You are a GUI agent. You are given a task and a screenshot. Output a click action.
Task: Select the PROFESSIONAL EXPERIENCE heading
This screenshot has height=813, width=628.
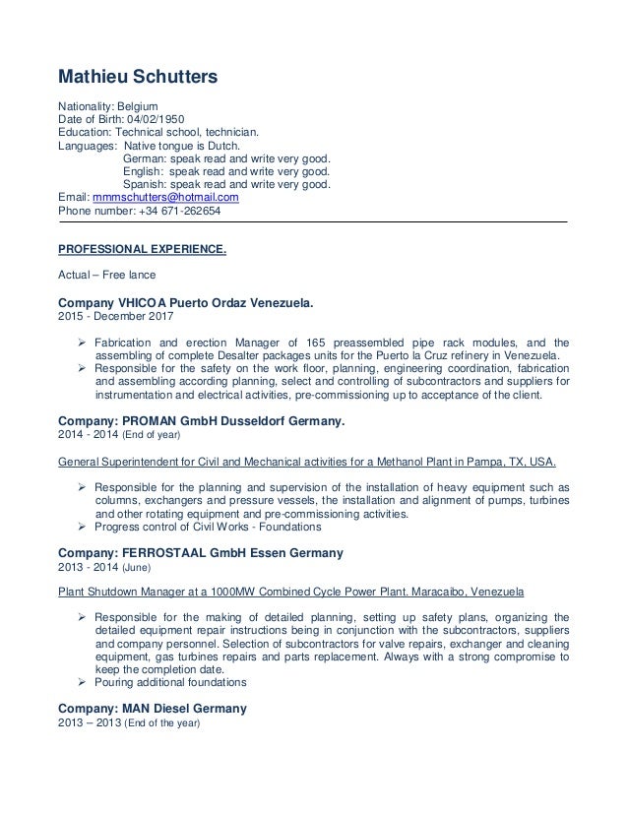pyautogui.click(x=142, y=249)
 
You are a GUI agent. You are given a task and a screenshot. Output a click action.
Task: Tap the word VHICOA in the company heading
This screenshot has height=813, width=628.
pyautogui.click(x=149, y=302)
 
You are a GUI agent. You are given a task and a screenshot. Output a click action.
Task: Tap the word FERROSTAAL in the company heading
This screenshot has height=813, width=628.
pyautogui.click(x=174, y=553)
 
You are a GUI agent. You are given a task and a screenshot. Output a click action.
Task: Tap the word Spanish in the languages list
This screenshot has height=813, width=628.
pyautogui.click(x=145, y=183)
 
